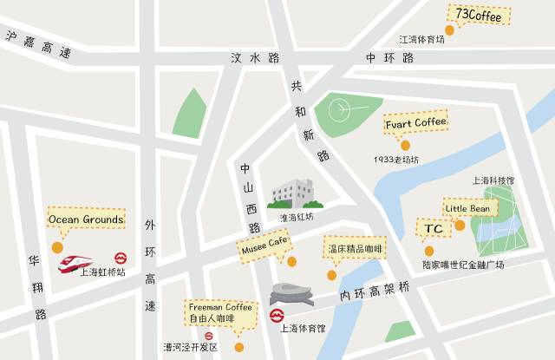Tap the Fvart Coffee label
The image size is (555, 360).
[415, 123]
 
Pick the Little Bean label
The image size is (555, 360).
[467, 209]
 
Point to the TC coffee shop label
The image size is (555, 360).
[434, 229]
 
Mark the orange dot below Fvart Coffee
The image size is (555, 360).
[405, 146]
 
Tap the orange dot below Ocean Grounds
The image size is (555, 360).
[57, 247]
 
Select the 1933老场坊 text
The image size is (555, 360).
[396, 160]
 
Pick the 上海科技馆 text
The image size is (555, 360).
[493, 181]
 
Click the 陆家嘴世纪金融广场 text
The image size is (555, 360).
[463, 265]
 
